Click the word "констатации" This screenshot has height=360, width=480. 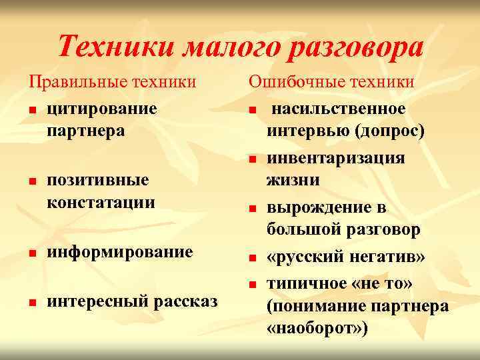pos(101,202)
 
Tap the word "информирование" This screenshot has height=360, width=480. pos(120,252)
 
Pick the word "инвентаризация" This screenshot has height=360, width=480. pos(336,158)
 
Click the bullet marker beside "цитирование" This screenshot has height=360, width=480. pos(31,109)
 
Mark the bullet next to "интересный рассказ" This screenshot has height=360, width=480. pos(31,303)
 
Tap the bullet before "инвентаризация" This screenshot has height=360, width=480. pos(253,159)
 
